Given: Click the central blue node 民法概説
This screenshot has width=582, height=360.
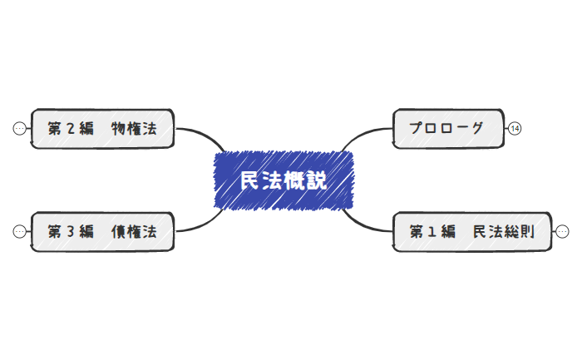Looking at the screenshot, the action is point(284,180).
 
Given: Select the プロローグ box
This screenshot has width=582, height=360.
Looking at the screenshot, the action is point(448,128).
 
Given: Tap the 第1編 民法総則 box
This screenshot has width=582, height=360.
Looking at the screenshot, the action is point(471,232).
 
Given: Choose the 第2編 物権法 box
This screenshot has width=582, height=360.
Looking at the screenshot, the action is point(102,128).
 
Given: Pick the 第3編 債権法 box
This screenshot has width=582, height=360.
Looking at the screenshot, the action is point(102,232).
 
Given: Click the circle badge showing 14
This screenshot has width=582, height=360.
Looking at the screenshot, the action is point(515,128).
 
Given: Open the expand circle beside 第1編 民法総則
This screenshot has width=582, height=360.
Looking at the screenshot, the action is point(562,232).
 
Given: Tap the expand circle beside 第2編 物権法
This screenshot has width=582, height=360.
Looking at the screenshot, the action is point(20,128).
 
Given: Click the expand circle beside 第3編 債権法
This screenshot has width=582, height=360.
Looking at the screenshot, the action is point(20,232).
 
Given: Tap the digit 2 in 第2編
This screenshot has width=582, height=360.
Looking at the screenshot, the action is point(71,128).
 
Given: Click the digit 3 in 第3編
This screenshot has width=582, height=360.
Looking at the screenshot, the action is point(71,232).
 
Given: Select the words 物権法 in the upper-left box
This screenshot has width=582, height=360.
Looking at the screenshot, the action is point(134,128).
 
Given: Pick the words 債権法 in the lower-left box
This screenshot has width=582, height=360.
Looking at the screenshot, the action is point(134,232).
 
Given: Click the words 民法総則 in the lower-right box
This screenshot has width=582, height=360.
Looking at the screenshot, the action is point(504,232).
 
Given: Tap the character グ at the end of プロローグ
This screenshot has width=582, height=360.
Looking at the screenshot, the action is point(476,128).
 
